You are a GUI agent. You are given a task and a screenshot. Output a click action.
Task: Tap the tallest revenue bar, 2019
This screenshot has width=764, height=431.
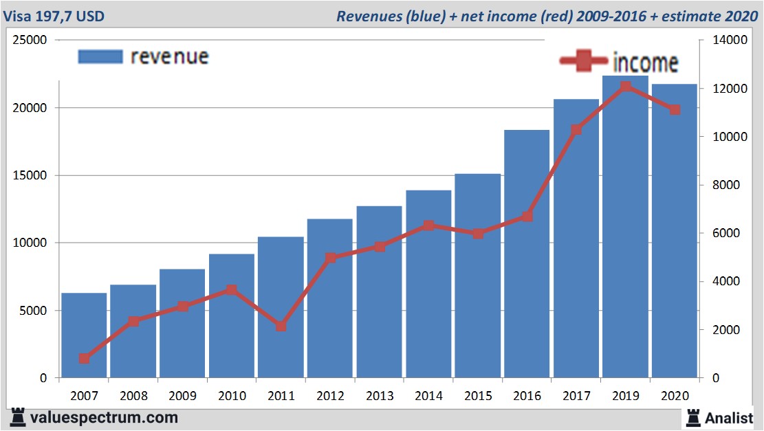(x=625, y=227)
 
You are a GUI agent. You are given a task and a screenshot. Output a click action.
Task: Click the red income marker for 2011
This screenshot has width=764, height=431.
(x=281, y=326)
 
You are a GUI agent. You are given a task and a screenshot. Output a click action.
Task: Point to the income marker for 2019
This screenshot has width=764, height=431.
(x=626, y=87)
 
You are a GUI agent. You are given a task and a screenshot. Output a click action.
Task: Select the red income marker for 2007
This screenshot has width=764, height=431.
(x=84, y=358)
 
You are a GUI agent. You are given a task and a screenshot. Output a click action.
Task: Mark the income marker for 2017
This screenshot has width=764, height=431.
(x=576, y=129)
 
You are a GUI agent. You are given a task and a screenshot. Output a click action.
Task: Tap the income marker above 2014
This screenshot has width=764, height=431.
(x=428, y=225)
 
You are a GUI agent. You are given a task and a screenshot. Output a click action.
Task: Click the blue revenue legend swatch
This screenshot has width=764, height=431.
(x=100, y=57)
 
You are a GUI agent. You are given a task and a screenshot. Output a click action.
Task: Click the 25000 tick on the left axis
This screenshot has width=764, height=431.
(x=30, y=41)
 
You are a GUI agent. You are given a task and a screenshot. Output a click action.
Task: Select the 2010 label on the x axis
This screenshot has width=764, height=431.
(x=231, y=396)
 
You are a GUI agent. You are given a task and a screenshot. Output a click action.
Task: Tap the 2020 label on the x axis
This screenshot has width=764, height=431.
(x=674, y=396)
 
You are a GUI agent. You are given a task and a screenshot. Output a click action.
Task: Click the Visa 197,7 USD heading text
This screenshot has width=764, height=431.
(x=54, y=15)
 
